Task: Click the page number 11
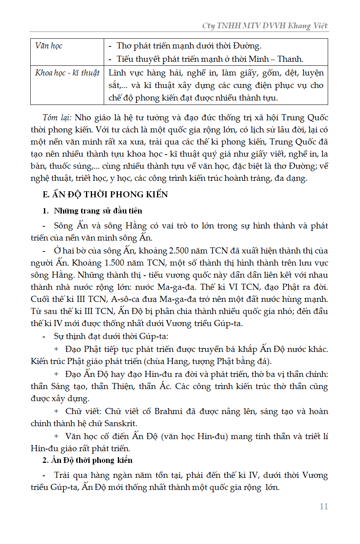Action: (x=323, y=506)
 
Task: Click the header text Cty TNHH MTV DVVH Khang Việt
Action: (x=265, y=26)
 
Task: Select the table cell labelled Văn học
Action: (x=49, y=46)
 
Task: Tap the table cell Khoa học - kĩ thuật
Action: (x=67, y=73)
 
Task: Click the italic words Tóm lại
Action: (x=57, y=118)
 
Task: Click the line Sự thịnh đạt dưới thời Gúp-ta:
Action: (x=105, y=336)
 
